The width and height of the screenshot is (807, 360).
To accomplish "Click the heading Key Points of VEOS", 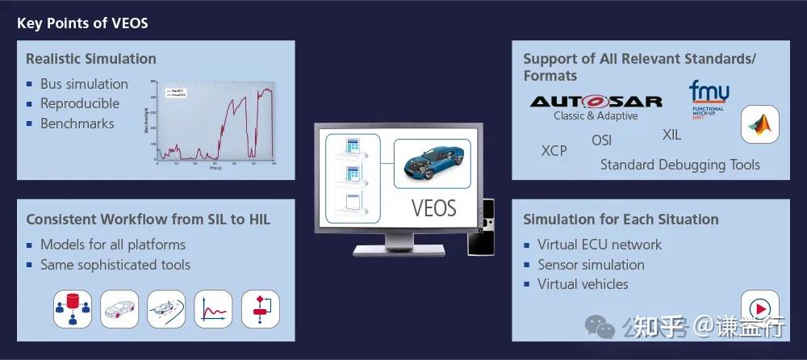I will pyautogui.click(x=82, y=23).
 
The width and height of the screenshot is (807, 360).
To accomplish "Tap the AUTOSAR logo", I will pyautogui.click(x=596, y=102).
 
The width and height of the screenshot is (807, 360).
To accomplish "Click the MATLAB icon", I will pyautogui.click(x=759, y=124).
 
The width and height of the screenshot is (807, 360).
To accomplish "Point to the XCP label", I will pyautogui.click(x=554, y=151).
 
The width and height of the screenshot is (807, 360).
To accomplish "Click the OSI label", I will pyautogui.click(x=601, y=140).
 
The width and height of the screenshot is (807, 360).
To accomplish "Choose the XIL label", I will pyautogui.click(x=671, y=135).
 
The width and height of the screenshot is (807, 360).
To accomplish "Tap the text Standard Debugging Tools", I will pyautogui.click(x=679, y=165).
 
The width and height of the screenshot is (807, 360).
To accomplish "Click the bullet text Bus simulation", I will pyautogui.click(x=84, y=84).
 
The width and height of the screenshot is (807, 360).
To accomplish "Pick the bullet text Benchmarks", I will pyautogui.click(x=77, y=123).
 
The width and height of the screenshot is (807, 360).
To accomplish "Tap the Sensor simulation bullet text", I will pyautogui.click(x=591, y=264).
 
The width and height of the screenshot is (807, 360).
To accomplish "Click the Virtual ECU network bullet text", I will pyautogui.click(x=599, y=244).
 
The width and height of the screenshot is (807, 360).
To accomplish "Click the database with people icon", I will pyautogui.click(x=73, y=309).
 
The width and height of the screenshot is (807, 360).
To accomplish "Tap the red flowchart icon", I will pyautogui.click(x=260, y=309).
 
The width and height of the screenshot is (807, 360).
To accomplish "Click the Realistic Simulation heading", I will pyautogui.click(x=91, y=59).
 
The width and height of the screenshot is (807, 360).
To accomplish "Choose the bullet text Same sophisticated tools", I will pyautogui.click(x=115, y=264).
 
